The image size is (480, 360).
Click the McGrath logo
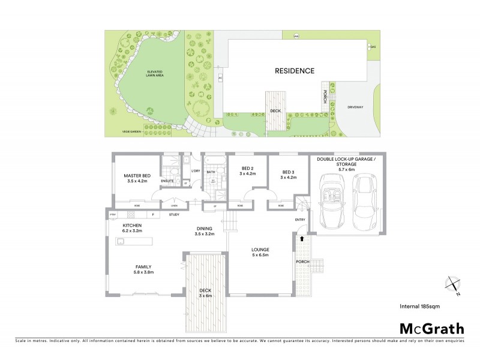(x=431, y=328)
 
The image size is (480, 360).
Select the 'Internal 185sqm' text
(x=420, y=306)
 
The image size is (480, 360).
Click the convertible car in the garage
(x=332, y=201)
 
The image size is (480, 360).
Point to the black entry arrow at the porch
(x=302, y=239)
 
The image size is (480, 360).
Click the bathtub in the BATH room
(x=214, y=161)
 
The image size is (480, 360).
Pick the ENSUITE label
(x=167, y=181)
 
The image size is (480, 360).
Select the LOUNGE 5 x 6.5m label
(x=260, y=252)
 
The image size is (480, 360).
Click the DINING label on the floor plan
(x=205, y=232)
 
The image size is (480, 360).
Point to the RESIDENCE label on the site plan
(x=294, y=71)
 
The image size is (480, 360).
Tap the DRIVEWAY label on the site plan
(x=355, y=107)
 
